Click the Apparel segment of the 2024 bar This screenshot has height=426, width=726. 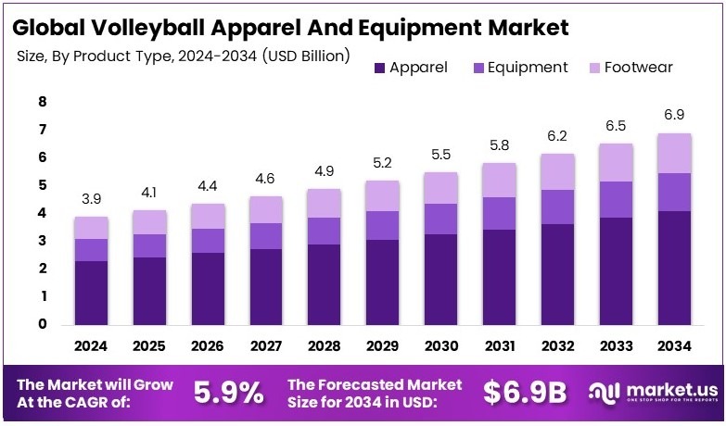click(x=91, y=293)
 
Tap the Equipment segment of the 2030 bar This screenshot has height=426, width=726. click(x=440, y=219)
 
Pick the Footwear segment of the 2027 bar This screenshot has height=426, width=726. click(x=266, y=209)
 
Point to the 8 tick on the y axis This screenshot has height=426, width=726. click(x=43, y=102)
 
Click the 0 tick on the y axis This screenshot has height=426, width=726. click(x=43, y=325)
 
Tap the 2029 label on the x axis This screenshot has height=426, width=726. click(x=383, y=346)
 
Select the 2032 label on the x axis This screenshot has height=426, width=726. click(x=557, y=346)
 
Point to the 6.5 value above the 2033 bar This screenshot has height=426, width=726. click(x=616, y=125)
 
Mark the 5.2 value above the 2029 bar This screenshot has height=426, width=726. click(x=383, y=164)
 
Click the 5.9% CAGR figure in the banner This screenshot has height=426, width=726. click(x=228, y=392)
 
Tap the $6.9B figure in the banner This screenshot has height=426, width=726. click(x=525, y=392)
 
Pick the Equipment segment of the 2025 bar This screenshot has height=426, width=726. click(x=149, y=245)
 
